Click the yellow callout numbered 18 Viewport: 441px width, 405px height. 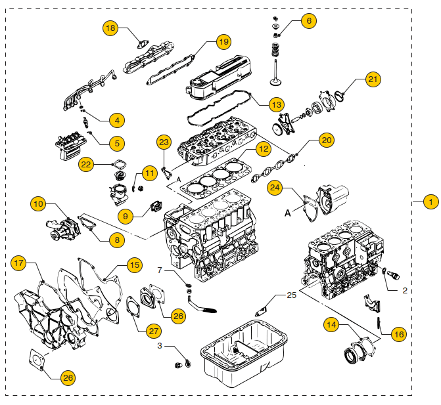[110, 28]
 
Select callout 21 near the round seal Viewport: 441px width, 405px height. [373, 80]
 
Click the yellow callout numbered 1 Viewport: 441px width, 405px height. [430, 202]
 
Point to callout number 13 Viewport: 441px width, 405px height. [277, 104]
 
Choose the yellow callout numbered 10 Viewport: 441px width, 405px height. [39, 204]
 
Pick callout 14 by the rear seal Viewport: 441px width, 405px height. [330, 324]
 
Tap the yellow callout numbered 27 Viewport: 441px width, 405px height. [154, 330]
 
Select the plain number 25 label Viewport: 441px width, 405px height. [292, 296]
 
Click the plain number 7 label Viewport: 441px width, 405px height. [159, 270]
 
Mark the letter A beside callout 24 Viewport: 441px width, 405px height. [287, 212]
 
